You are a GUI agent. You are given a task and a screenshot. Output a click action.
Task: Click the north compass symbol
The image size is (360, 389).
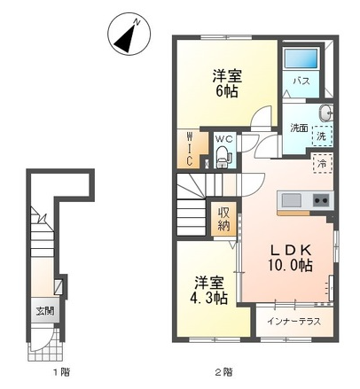pos(129,35)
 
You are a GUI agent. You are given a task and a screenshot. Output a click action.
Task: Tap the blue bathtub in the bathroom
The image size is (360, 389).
pos(301,58)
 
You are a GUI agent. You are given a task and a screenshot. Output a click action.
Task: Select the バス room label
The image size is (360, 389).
pos(301,81)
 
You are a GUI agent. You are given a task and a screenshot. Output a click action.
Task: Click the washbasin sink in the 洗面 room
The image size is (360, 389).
pos(325,113)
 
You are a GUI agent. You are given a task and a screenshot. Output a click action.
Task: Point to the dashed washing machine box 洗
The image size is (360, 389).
pos(323,136)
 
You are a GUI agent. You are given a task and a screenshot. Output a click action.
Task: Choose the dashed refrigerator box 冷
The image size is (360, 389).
pos(323,163)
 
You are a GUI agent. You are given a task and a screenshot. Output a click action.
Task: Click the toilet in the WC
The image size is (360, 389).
pos(223,156)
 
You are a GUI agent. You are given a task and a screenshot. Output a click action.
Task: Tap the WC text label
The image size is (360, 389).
pos(223,138)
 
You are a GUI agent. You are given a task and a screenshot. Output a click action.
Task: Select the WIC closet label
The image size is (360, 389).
pos(189,149)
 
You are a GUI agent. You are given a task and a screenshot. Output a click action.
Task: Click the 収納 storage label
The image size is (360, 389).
pos(223,219)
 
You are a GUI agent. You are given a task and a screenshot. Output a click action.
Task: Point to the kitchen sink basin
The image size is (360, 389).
pos(292,201)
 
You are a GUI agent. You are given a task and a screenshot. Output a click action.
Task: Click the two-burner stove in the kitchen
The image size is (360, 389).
pos(322,201)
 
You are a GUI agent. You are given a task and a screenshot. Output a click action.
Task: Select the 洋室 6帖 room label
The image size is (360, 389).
pos(227,84)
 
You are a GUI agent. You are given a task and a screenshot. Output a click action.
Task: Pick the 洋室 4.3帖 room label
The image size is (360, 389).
pos(208,291)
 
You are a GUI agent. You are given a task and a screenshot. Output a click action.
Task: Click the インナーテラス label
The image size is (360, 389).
pos(293,322)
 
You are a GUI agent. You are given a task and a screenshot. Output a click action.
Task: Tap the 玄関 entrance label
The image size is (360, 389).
pos(45,311)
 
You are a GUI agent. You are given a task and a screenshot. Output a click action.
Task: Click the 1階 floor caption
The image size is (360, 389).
pos(61,372)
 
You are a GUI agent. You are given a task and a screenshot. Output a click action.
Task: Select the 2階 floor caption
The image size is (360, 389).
pos(223,372)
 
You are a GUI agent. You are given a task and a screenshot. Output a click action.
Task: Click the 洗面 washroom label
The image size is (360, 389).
pos(299,128)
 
